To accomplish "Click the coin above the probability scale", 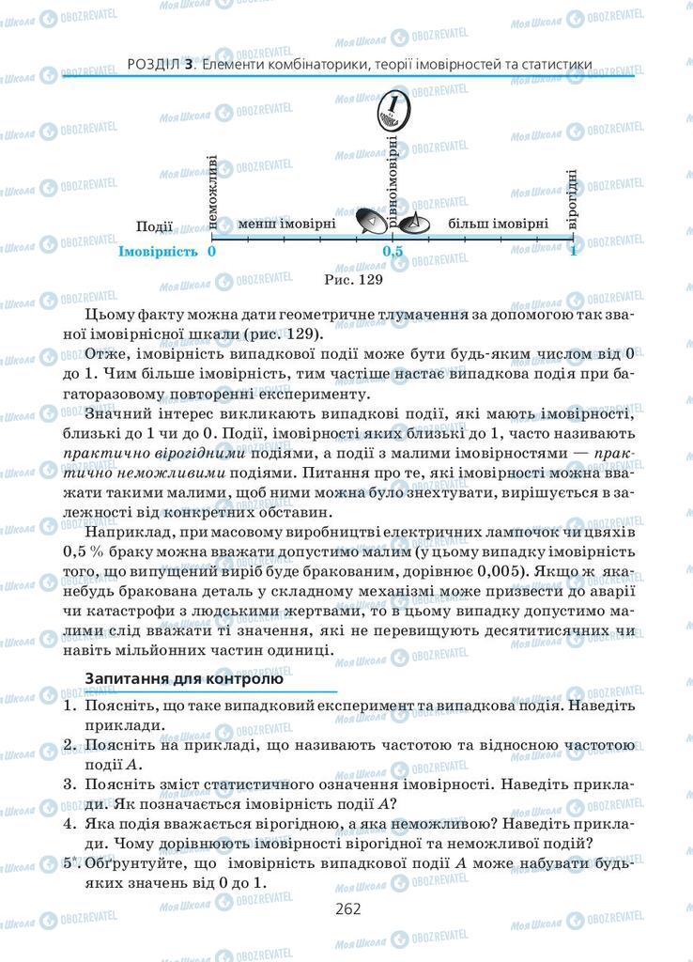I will point(393,112).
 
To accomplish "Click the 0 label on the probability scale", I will point(212,252).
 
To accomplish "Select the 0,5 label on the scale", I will point(392,252).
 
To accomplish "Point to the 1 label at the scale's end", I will point(573,252).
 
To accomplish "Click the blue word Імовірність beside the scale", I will point(158,252).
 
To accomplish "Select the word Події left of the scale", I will point(154,226).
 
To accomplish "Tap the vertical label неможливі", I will point(214,192).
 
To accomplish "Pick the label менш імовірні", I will point(286,225).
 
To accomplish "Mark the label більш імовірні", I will point(498,225).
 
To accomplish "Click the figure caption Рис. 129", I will point(354,278).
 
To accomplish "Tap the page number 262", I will point(346,908).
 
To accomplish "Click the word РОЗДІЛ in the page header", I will point(151,65).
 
